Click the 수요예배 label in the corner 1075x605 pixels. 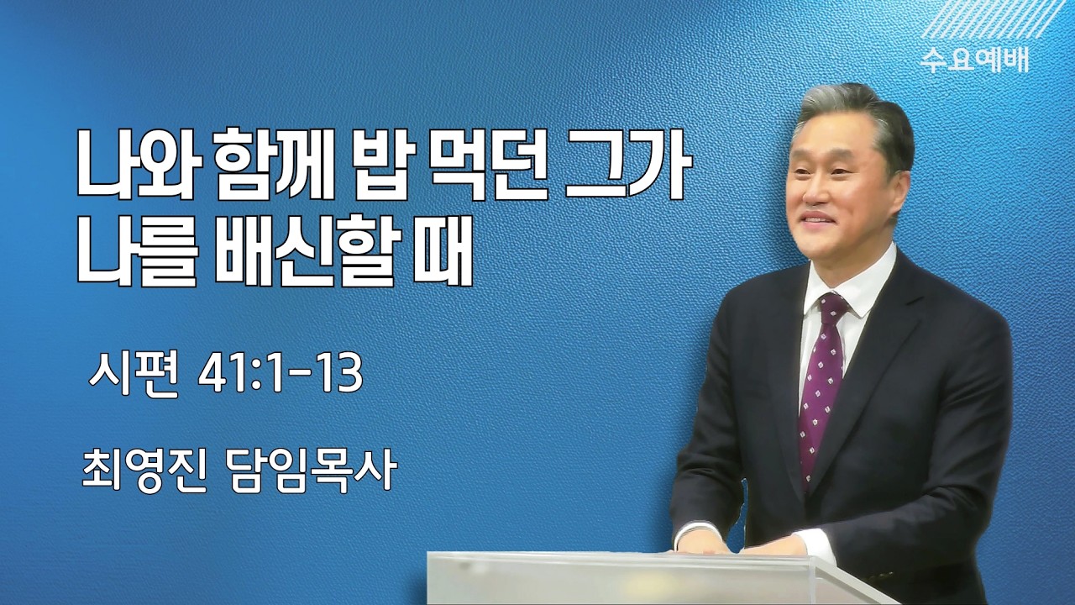point(974,60)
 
